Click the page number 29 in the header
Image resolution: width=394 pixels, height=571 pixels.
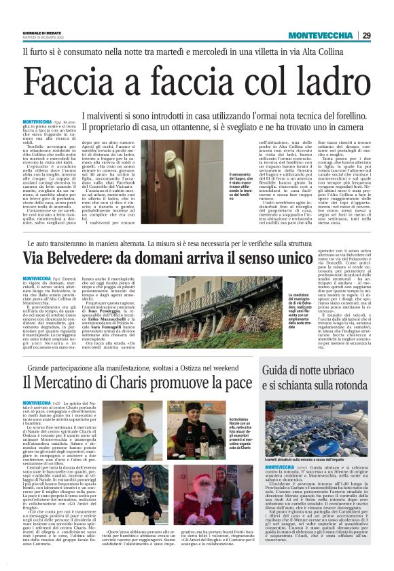(x=384, y=36)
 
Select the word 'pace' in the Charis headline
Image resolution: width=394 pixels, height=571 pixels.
(x=235, y=385)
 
